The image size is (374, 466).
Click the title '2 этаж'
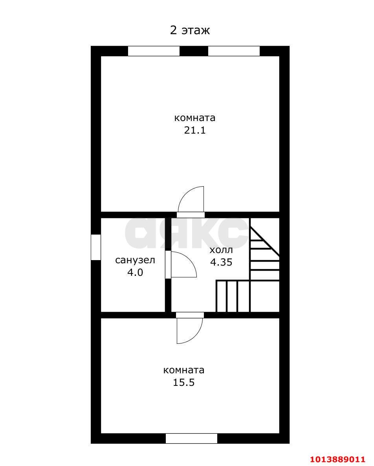[x=190, y=30]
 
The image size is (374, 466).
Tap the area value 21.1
[x=195, y=130]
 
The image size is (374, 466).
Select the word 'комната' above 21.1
[x=194, y=118]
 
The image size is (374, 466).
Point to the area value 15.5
[x=183, y=382]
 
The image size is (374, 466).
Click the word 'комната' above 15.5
[x=183, y=370]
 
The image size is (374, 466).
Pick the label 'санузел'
[x=135, y=260]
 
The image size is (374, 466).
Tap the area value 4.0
[x=135, y=272]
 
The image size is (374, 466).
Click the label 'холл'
[x=221, y=250]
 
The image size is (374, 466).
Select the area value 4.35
[x=221, y=262]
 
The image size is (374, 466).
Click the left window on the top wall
[x=154, y=51]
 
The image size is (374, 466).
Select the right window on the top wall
[x=234, y=51]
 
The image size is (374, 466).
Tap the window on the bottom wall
[x=191, y=438]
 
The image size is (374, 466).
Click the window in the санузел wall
[x=95, y=247]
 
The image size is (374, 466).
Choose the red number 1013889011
[x=337, y=459]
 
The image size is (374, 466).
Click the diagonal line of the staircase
[x=265, y=242]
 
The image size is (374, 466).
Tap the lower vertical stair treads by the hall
[x=233, y=296]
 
